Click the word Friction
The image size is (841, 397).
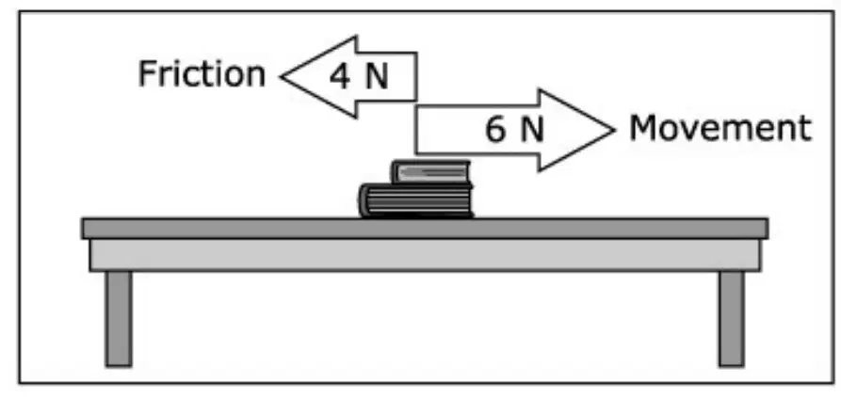202,74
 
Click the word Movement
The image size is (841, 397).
720,128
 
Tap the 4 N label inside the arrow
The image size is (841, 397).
359,77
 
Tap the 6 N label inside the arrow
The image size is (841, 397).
514,130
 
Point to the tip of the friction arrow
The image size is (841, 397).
281,76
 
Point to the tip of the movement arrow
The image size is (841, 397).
614,130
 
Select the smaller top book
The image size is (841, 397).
431,172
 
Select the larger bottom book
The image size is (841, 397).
416,200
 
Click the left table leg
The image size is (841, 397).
119,319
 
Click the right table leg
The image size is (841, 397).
732,319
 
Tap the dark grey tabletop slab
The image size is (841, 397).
425,229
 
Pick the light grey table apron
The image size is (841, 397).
425,255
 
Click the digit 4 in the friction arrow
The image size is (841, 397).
340,77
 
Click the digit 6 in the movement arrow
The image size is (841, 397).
495,130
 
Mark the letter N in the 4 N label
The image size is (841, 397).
377,77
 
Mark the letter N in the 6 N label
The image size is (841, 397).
532,130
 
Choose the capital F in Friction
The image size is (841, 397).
148,74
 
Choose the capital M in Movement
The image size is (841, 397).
643,129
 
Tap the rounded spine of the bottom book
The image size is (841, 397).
364,200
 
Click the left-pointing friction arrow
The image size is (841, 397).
348,76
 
